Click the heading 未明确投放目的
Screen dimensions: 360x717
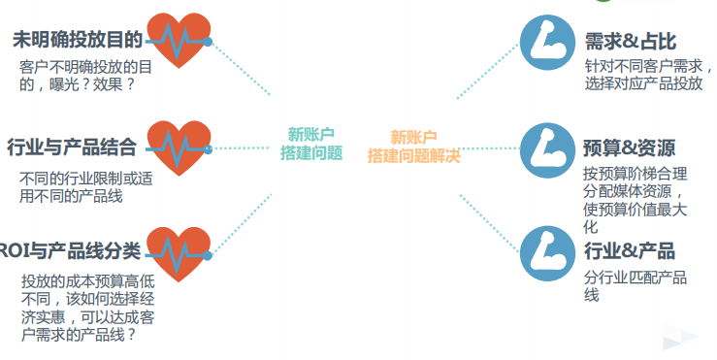coord(77,40)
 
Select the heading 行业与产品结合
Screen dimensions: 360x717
coord(71,147)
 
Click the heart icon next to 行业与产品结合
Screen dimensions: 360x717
coord(178,147)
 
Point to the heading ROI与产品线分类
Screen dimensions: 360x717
coord(70,251)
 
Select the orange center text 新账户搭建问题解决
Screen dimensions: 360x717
coord(413,146)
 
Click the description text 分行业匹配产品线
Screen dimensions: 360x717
coord(636,286)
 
